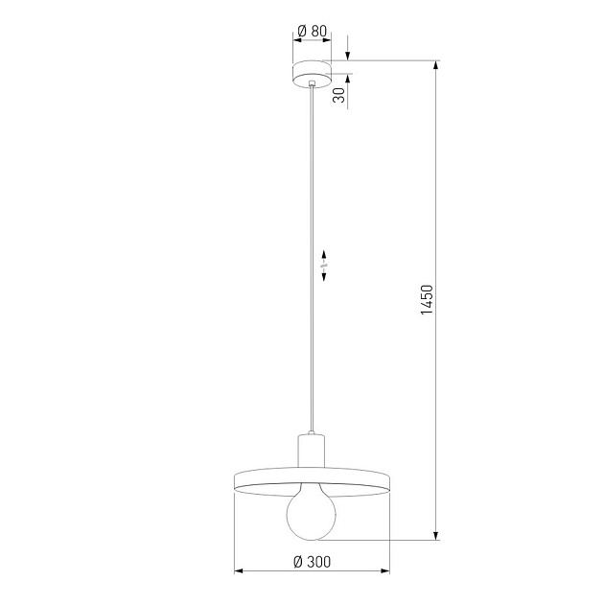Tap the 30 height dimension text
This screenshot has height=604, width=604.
(x=338, y=93)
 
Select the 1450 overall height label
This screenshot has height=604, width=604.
(x=428, y=301)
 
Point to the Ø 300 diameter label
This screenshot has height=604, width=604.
(x=312, y=561)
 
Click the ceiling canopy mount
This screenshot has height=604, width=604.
(x=313, y=72)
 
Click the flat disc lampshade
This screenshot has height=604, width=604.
(x=313, y=479)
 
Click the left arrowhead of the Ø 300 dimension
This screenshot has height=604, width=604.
(x=239, y=573)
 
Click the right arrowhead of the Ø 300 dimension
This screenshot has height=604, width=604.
(x=386, y=573)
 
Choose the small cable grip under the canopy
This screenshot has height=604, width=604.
(x=313, y=86)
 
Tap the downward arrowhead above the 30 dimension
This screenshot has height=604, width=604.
(x=347, y=56)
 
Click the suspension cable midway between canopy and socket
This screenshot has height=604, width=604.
(x=313, y=259)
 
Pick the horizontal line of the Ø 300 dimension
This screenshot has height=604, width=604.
(x=313, y=573)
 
